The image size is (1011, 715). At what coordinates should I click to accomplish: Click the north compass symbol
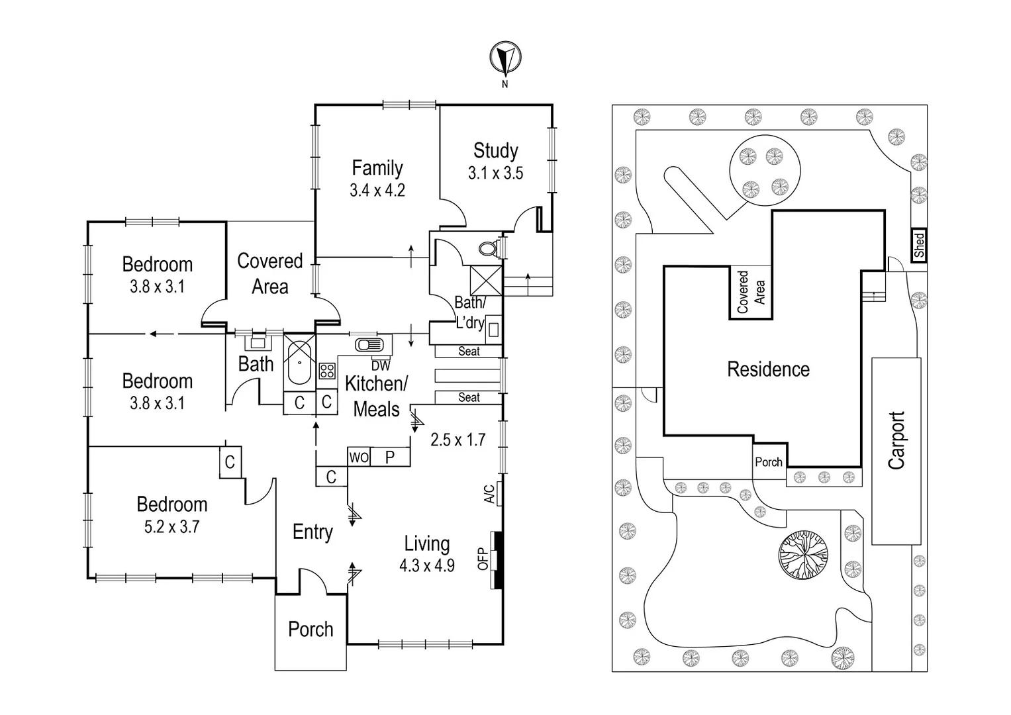tap(505, 58)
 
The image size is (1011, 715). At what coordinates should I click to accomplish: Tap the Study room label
tap(495, 151)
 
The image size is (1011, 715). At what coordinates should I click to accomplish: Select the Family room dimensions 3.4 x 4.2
tap(377, 191)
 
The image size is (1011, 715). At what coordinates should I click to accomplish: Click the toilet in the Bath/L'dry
tap(489, 249)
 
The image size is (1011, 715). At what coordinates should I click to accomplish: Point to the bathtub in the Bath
tap(300, 361)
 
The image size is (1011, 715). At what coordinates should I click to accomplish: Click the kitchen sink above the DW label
tap(369, 345)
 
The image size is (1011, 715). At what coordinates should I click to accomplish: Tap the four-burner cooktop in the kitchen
tap(326, 370)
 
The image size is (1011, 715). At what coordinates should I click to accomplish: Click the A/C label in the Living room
tap(489, 494)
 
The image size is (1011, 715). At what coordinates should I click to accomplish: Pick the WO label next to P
tap(358, 457)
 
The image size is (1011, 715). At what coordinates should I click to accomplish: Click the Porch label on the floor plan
tap(311, 629)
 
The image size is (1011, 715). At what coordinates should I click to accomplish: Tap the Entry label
tap(313, 532)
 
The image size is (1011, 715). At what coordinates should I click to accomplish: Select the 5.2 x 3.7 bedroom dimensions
tap(171, 527)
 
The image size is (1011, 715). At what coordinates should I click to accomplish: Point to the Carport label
tap(896, 440)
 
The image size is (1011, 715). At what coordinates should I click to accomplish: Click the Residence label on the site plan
tap(768, 369)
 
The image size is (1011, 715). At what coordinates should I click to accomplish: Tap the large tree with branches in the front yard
tap(803, 552)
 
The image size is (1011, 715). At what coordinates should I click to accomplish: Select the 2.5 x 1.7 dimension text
tap(457, 440)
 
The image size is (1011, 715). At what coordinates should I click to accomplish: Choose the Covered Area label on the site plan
tap(751, 292)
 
